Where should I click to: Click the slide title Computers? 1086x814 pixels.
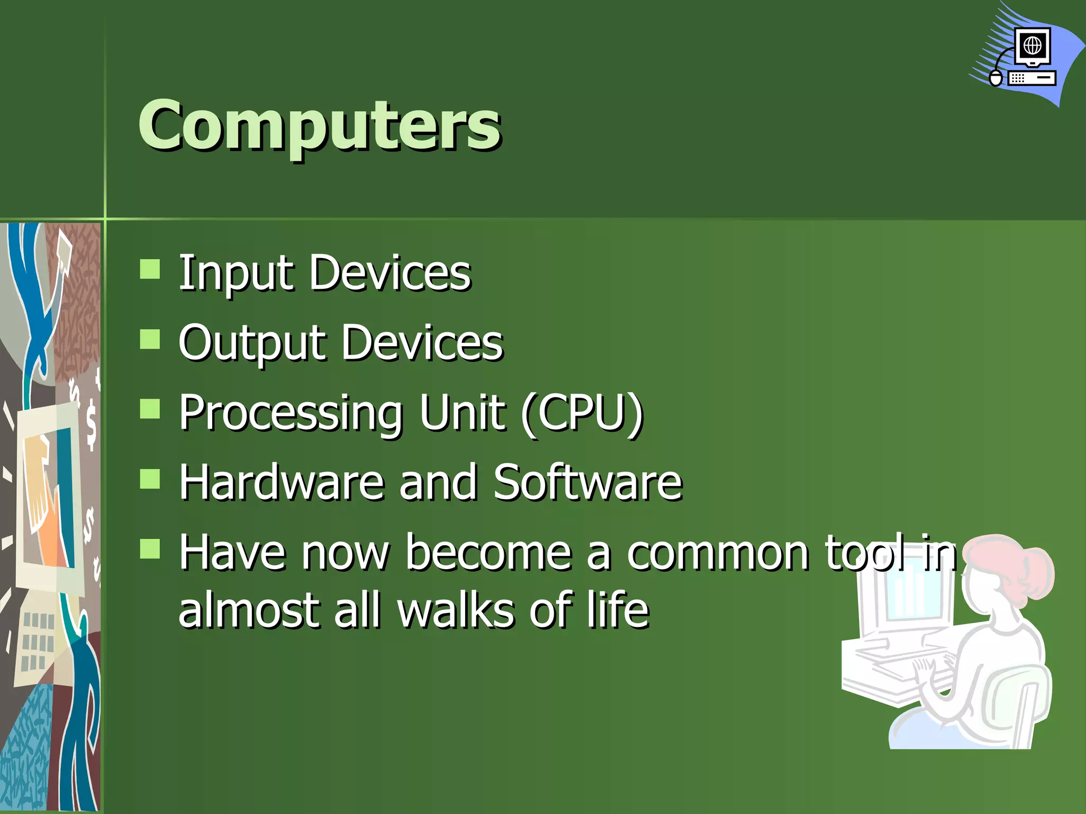[x=319, y=126]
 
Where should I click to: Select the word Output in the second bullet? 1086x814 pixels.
[x=251, y=343]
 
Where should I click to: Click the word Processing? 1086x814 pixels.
[x=291, y=413]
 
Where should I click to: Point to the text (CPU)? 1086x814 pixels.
[x=582, y=413]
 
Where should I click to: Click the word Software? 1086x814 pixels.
[x=588, y=482]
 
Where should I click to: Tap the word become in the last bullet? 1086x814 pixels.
[x=488, y=553]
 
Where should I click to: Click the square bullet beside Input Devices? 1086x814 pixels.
[x=150, y=269]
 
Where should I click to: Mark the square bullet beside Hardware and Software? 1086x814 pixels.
[x=150, y=479]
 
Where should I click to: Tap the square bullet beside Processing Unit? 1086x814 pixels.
[x=150, y=409]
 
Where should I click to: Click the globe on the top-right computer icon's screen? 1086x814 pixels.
[x=1032, y=46]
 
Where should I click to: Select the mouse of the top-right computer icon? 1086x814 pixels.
[x=996, y=78]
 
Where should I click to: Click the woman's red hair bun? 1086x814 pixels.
[x=1037, y=573]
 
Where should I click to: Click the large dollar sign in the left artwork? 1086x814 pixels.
[x=91, y=424]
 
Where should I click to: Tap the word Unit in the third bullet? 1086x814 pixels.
[x=461, y=413]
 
